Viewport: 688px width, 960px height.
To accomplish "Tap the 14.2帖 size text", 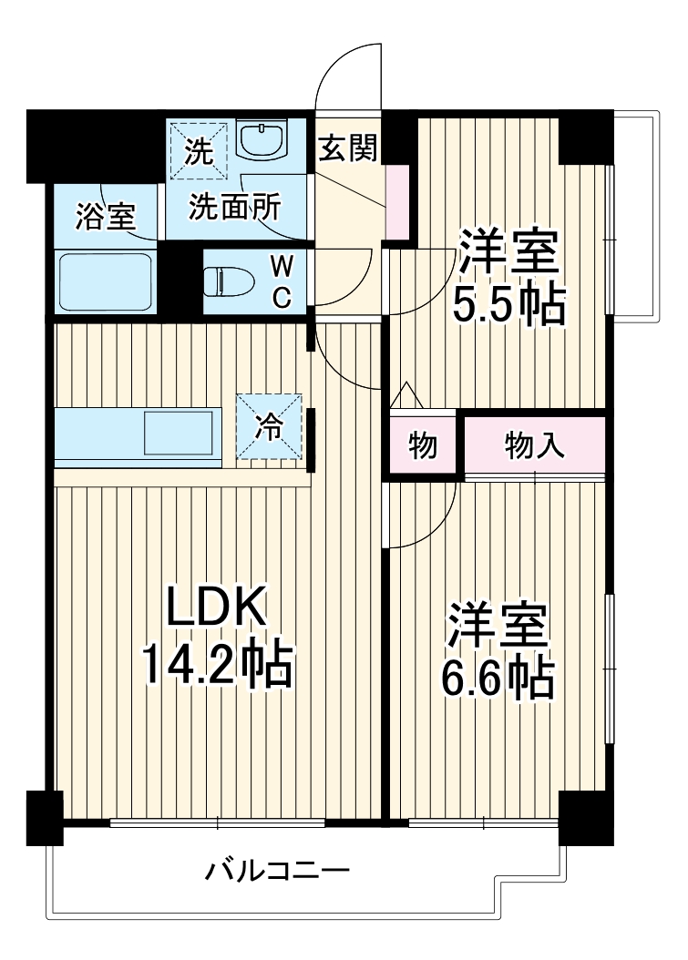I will coord(216,666).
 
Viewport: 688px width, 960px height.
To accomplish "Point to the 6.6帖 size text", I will coord(497,676).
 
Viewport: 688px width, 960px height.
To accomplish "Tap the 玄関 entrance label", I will coord(347,148).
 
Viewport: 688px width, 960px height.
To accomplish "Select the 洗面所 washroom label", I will coord(234,208).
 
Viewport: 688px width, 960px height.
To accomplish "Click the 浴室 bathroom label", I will coord(105,217).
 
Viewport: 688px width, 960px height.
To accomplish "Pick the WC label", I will coord(282,281).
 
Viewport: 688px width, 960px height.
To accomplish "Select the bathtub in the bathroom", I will coord(104,282).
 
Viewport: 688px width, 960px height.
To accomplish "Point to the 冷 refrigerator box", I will coord(269,425).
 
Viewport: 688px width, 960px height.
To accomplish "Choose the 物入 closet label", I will coord(536,446).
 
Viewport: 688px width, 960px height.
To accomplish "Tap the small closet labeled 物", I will coord(422,446).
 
